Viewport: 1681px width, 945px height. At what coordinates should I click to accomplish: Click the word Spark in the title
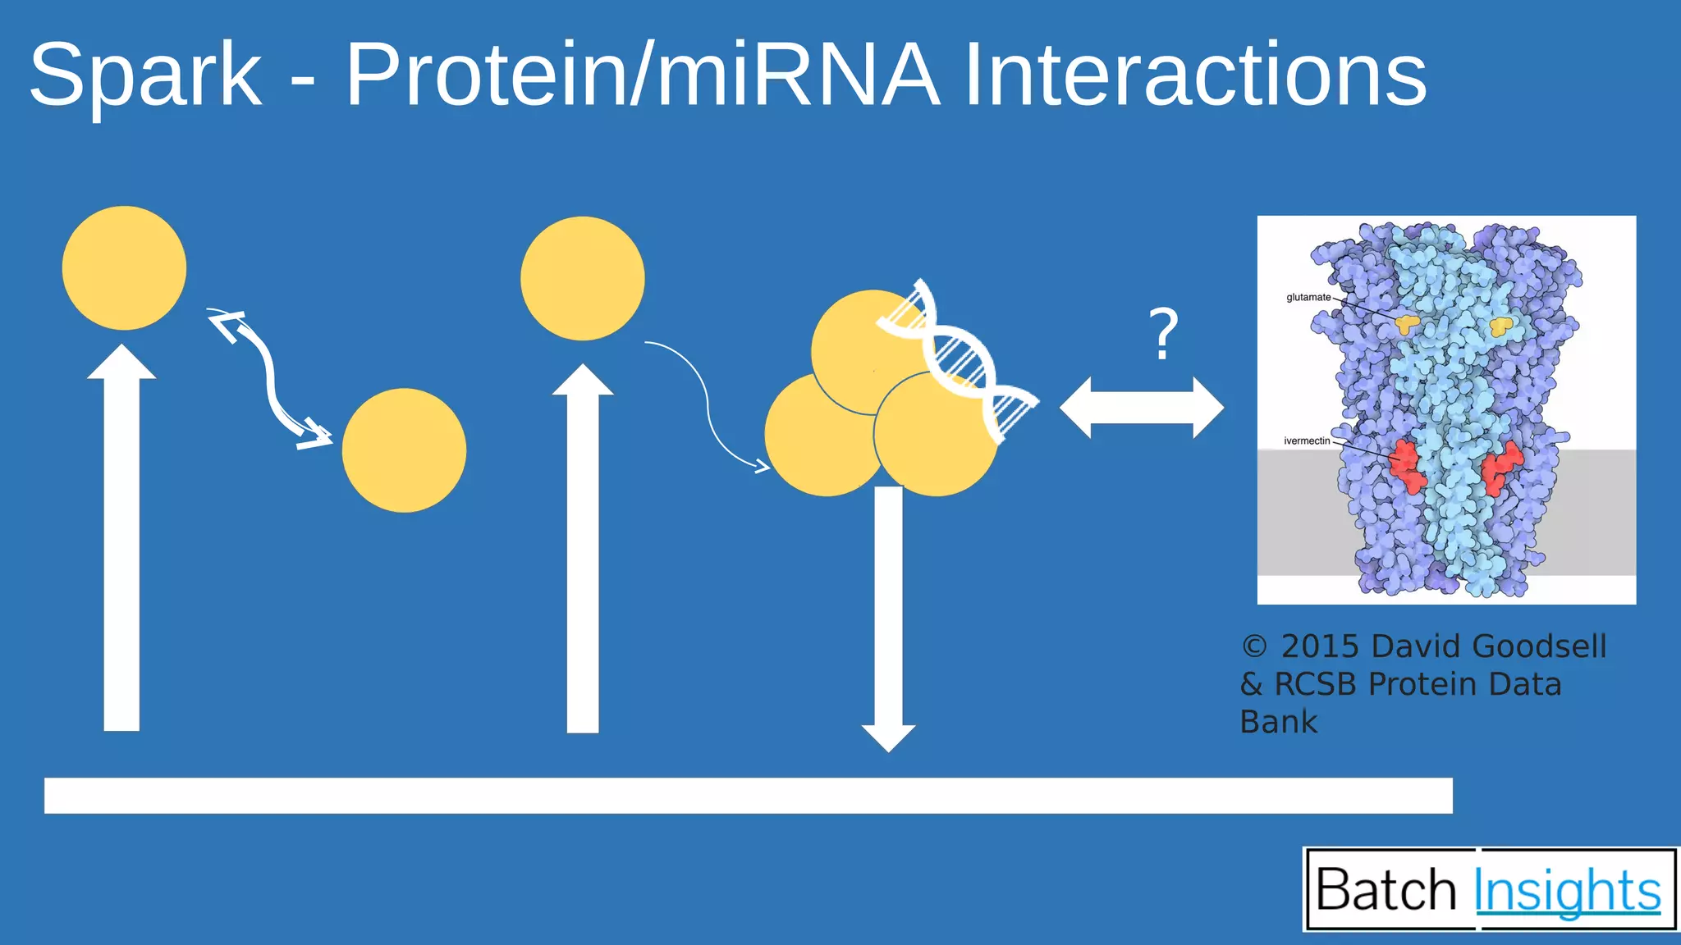point(145,76)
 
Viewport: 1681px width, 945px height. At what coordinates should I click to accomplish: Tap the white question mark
point(1163,335)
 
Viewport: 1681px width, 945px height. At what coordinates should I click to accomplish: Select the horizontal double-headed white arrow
point(1141,408)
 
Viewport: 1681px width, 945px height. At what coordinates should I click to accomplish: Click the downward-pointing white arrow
point(888,615)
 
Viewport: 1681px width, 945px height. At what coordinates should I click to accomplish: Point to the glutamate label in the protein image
point(1308,297)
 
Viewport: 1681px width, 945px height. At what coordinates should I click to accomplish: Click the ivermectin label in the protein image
point(1307,441)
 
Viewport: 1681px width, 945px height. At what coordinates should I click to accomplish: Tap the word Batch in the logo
point(1386,890)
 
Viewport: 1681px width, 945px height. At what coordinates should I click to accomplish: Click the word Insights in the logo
point(1567,891)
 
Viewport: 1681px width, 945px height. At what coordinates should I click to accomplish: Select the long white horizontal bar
point(747,796)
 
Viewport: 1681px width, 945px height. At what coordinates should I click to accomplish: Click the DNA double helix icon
point(956,361)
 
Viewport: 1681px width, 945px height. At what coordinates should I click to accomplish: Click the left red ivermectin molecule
point(1407,466)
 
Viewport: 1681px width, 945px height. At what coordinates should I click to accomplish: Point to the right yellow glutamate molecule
point(1501,326)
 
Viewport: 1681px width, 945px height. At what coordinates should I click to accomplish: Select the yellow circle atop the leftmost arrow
point(124,267)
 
